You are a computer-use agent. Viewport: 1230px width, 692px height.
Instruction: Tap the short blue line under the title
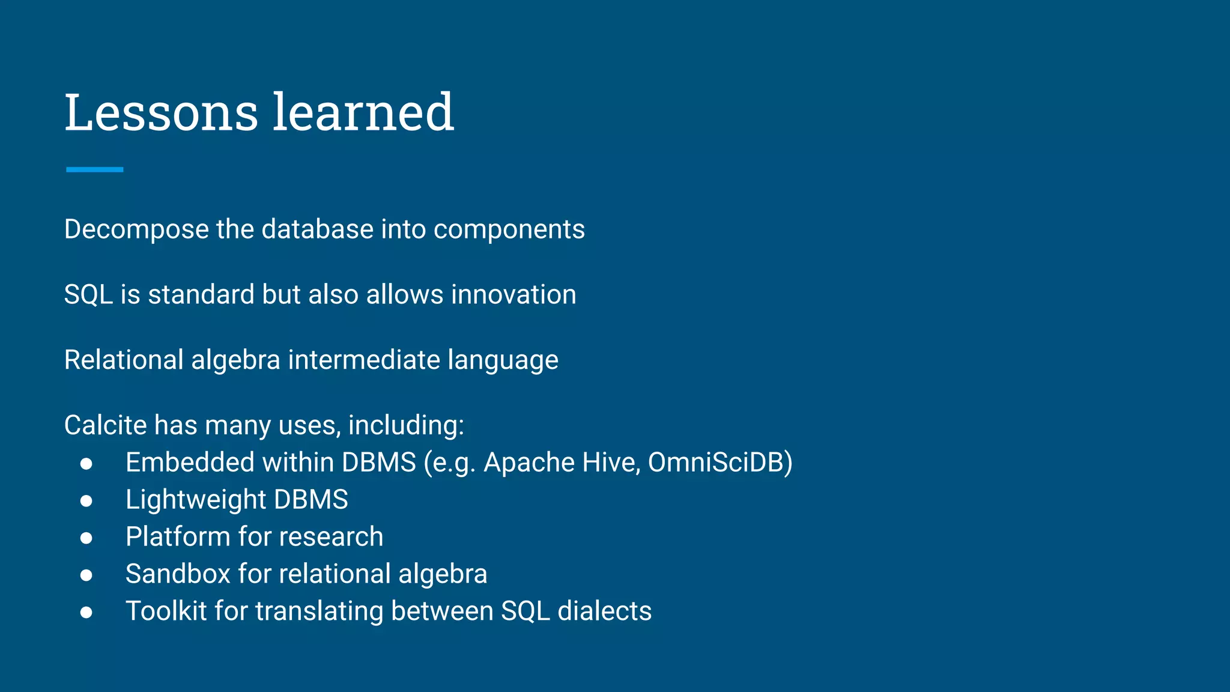[x=94, y=169]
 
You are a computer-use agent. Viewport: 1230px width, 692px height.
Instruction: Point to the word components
[x=509, y=229]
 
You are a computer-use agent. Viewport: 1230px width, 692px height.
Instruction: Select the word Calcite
[x=106, y=425]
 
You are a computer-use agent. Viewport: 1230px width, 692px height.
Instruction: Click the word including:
[x=406, y=425]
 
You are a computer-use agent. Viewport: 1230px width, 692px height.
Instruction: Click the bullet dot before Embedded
[x=86, y=463]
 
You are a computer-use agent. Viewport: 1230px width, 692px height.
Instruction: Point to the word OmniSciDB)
[x=720, y=463]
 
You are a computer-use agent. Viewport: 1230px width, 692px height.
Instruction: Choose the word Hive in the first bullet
[x=611, y=463]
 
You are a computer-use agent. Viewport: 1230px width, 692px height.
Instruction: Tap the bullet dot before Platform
[x=86, y=538]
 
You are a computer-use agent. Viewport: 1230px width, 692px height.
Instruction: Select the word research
[x=331, y=537]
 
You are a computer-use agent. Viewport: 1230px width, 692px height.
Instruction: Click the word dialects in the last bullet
[x=604, y=611]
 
